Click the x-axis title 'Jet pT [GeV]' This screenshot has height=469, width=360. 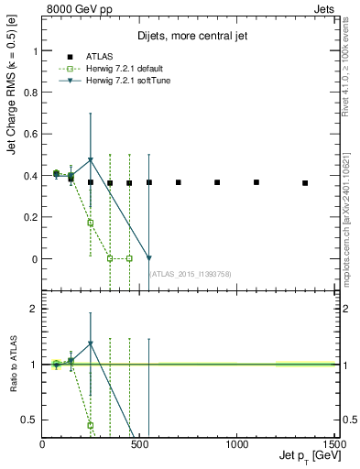point(302,456)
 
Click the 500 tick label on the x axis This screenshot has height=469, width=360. point(139,445)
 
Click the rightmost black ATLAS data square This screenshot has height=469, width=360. point(305,183)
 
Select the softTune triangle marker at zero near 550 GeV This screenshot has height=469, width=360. point(149,258)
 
